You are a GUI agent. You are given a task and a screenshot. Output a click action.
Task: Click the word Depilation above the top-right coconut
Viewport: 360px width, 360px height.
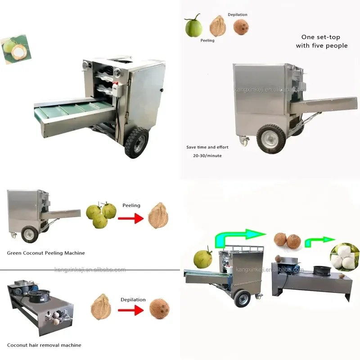tap(238, 15)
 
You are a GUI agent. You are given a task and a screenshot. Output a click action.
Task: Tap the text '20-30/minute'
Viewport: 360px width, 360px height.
tap(207, 156)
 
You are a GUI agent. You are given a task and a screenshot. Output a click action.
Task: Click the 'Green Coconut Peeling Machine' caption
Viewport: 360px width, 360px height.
tap(46, 253)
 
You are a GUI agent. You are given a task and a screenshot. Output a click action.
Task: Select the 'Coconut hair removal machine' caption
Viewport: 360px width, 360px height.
tap(44, 345)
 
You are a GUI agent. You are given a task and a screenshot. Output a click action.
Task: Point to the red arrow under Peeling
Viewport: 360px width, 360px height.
tap(131, 218)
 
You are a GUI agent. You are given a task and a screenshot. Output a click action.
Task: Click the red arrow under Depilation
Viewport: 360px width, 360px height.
tap(131, 310)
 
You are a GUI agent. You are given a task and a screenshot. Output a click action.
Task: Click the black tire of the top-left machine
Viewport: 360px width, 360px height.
tap(136, 143)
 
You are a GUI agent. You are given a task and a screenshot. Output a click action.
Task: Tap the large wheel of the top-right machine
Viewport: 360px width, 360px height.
tap(271, 139)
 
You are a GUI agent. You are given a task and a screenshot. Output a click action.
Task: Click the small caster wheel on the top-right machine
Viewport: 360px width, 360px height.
tap(244, 141)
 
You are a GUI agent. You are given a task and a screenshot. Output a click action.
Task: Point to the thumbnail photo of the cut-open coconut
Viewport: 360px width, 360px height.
tap(16, 49)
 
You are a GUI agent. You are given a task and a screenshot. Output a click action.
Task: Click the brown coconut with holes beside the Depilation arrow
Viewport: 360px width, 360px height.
tap(159, 309)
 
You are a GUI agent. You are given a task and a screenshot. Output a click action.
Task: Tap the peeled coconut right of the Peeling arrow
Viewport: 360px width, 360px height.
tap(158, 216)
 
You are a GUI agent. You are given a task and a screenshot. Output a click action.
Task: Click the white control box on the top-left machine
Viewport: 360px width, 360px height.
tap(117, 90)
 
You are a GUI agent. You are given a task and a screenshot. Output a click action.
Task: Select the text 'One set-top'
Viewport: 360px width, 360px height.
tap(321, 37)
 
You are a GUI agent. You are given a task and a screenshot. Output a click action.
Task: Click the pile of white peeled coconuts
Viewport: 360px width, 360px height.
tap(345, 257)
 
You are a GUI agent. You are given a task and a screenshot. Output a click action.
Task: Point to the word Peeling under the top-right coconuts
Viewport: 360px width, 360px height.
tap(207, 40)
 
